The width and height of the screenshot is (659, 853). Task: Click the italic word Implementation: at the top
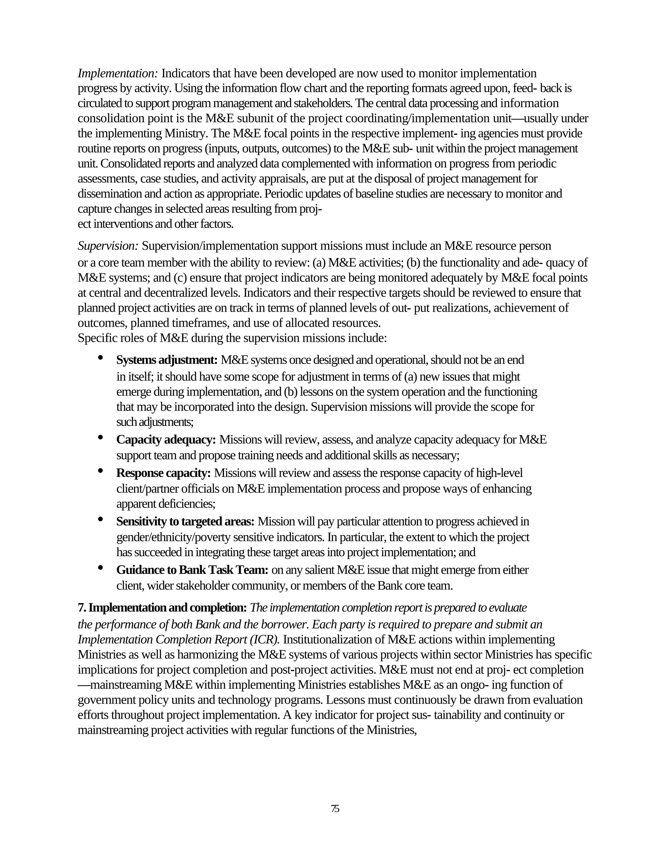point(117,73)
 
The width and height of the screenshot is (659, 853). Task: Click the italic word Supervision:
point(108,246)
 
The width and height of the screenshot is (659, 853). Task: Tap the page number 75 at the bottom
point(335,809)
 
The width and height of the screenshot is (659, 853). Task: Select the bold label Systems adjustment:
point(167,360)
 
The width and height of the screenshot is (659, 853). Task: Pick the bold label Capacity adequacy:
point(166,440)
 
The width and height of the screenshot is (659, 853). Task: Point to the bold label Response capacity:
point(163,473)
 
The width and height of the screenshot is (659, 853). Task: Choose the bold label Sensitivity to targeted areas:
point(185,521)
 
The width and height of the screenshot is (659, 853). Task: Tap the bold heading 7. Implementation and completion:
point(162,608)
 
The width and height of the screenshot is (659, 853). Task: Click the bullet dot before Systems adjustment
point(100,357)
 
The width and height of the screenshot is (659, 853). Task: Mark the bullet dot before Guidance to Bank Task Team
point(100,567)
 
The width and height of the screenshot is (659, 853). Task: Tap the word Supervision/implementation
point(210,246)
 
